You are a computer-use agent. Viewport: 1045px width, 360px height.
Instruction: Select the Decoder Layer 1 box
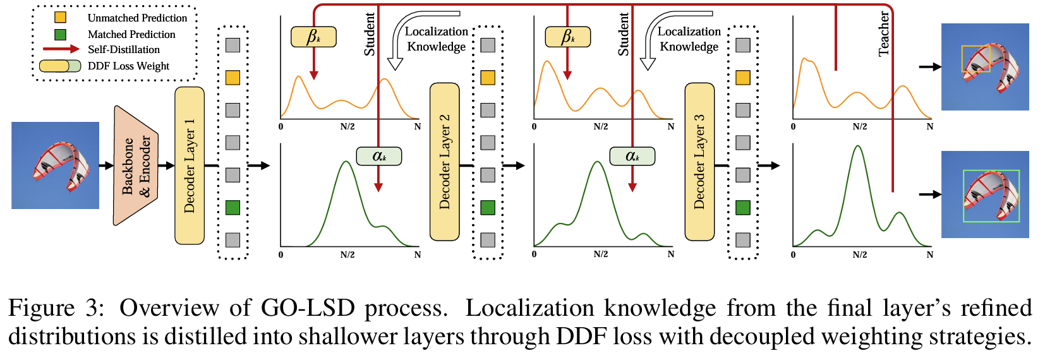pos(190,165)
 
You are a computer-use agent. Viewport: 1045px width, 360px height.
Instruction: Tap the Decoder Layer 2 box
pos(444,162)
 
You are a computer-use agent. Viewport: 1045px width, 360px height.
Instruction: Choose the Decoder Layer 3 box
pos(699,162)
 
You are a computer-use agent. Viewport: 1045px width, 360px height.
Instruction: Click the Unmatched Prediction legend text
pos(137,18)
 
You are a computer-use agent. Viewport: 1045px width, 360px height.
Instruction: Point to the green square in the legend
pos(61,34)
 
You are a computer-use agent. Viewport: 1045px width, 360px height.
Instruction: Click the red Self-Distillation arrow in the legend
pos(61,49)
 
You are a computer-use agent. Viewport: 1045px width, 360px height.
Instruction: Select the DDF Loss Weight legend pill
pos(60,66)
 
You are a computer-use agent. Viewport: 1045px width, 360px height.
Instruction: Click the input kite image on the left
pos(56,165)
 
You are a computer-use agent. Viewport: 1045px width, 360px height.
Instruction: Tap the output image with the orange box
pos(985,67)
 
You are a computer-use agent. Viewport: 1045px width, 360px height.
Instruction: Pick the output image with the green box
pos(985,195)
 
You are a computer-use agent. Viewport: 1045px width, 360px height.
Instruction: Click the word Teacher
pos(883,34)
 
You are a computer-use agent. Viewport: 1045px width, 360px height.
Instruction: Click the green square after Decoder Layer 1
pos(233,207)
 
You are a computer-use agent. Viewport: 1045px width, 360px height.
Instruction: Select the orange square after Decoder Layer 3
pos(743,78)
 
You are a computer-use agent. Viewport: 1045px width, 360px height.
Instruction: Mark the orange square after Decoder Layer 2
pos(488,78)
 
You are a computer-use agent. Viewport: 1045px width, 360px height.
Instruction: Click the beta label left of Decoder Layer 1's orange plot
pos(313,37)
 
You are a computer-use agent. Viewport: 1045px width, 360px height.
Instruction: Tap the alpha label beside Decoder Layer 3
pos(632,156)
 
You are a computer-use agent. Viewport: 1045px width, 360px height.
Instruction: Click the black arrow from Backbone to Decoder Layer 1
pos(167,165)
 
